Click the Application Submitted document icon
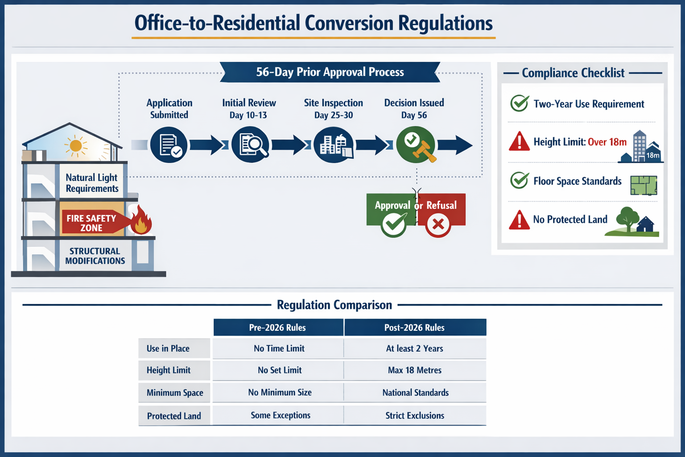click(169, 145)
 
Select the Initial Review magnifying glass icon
click(250, 145)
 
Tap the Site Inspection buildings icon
click(333, 145)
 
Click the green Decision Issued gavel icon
click(416, 145)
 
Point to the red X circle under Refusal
click(438, 224)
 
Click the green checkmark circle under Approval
click(394, 224)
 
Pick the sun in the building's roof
click(76, 146)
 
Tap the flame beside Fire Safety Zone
click(141, 220)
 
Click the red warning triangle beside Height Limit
click(519, 142)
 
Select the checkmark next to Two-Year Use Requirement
click(520, 104)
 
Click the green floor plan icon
click(644, 185)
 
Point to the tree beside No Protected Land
click(627, 218)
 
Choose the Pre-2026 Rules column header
click(278, 328)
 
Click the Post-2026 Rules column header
click(415, 328)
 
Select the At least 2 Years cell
click(415, 349)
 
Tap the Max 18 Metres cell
click(415, 370)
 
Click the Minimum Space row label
click(174, 393)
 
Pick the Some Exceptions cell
click(280, 415)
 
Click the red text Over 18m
click(607, 142)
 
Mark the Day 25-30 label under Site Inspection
click(333, 115)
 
